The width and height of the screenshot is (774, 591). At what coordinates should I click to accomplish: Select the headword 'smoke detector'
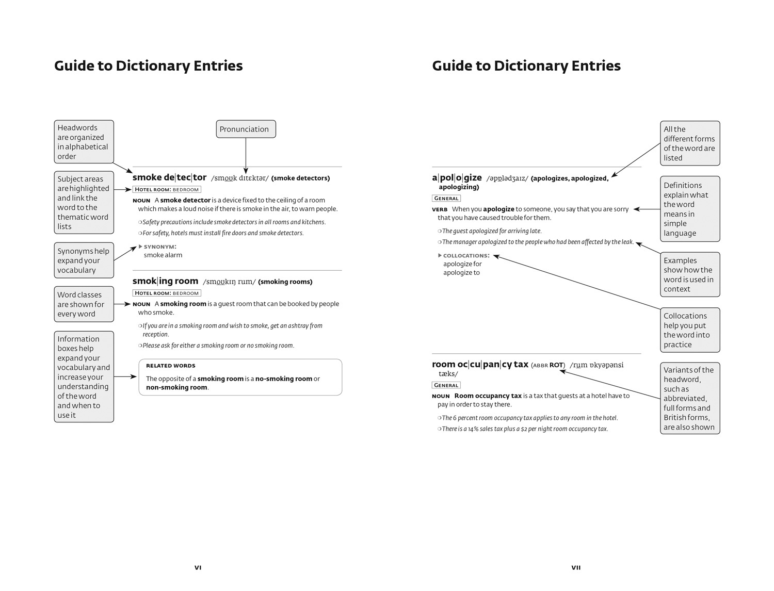click(x=169, y=177)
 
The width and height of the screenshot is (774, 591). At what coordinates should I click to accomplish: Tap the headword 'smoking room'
click(x=165, y=281)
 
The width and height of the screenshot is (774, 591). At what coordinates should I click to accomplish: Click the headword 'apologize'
click(x=457, y=178)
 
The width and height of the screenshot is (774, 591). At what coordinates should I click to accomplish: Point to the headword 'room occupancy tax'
click(x=480, y=365)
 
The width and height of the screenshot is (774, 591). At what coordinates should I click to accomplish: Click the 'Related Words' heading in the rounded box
click(x=170, y=366)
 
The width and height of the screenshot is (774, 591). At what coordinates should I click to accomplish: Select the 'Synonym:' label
click(x=160, y=247)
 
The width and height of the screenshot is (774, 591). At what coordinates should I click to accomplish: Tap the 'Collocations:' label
click(x=466, y=255)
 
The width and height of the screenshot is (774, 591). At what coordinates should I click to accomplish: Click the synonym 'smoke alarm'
click(x=163, y=255)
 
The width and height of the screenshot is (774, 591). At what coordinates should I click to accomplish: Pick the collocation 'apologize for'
click(x=462, y=264)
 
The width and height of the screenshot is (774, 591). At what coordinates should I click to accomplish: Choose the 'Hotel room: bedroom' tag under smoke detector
click(x=167, y=189)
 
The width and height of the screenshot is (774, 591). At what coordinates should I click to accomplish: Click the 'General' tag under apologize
click(x=446, y=198)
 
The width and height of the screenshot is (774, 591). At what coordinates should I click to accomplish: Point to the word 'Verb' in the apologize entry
click(x=440, y=209)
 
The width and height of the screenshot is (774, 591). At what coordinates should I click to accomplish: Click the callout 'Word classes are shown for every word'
click(x=84, y=304)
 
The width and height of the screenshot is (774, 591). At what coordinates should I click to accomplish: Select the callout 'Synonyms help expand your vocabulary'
click(x=84, y=260)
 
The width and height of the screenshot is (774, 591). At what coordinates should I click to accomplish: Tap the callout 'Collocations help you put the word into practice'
click(x=690, y=330)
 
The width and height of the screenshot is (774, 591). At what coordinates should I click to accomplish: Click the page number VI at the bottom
click(x=198, y=567)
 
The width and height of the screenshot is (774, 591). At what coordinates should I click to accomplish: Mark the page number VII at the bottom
click(x=576, y=567)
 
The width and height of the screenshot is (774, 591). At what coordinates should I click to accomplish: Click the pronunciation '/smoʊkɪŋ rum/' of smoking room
click(x=229, y=282)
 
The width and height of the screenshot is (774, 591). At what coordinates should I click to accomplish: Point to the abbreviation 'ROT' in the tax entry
click(x=556, y=365)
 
